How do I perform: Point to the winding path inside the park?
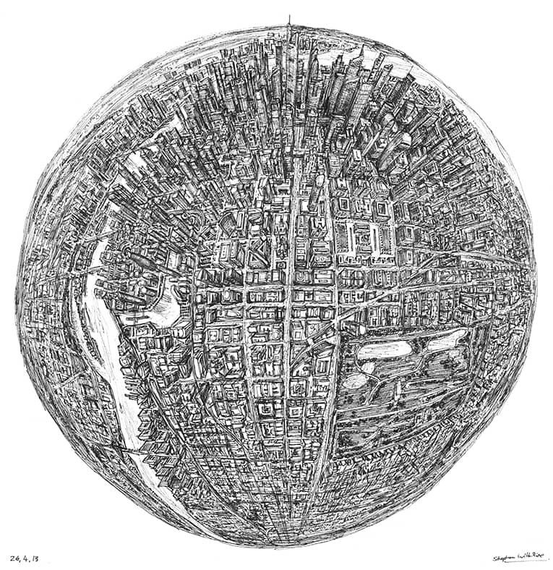(405, 391)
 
